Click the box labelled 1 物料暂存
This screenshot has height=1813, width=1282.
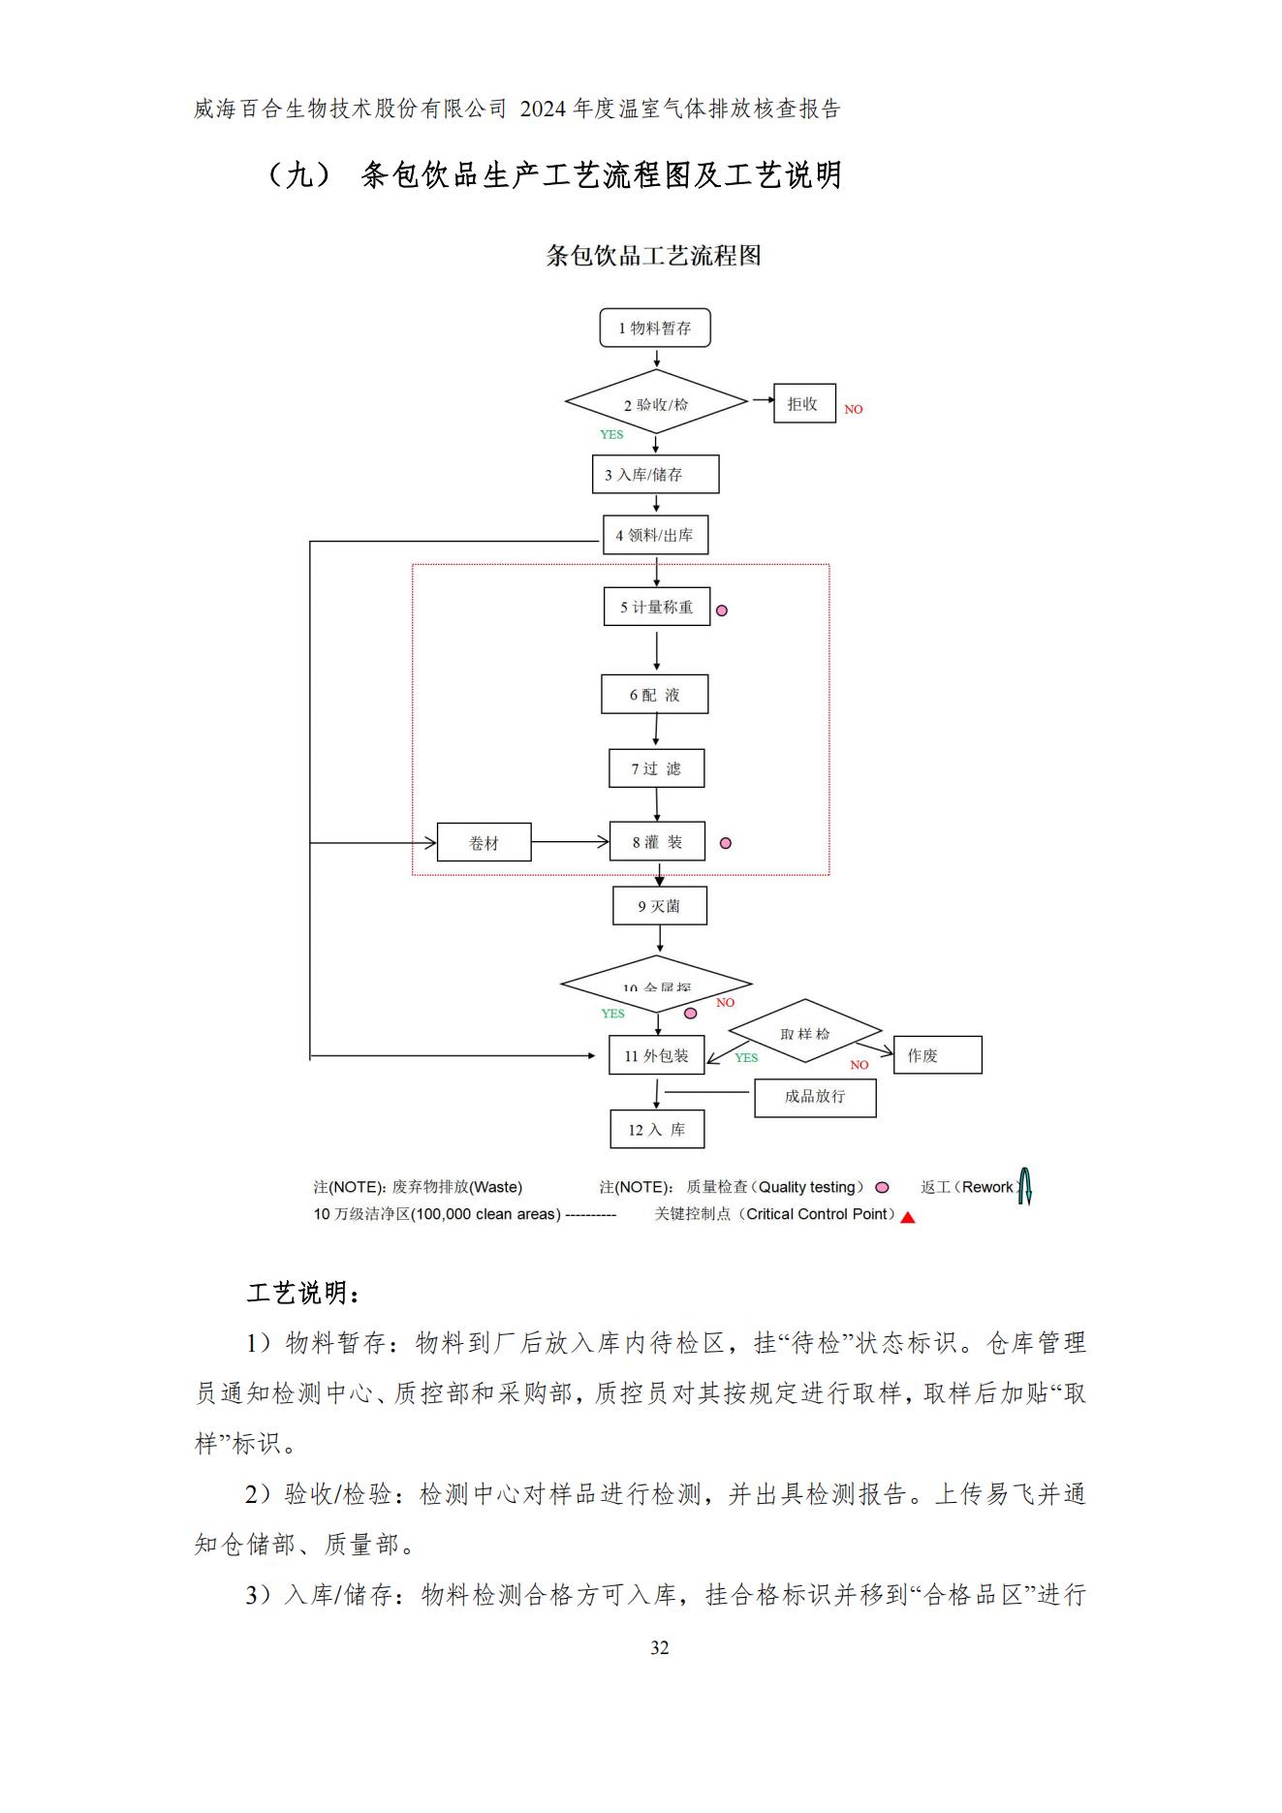[655, 328]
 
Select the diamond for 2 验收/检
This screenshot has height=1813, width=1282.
[656, 402]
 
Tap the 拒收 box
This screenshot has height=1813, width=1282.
[804, 403]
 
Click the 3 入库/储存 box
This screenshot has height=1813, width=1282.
[655, 475]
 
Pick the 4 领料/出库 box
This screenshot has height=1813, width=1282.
[655, 535]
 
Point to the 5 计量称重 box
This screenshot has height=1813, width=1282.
[656, 607]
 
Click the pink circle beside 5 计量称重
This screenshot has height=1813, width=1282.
[721, 610]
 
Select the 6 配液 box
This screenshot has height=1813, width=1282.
[654, 695]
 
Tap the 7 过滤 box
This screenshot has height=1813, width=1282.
[656, 768]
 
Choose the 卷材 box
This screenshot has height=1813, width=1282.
[484, 843]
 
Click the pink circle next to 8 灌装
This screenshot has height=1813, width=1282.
[725, 844]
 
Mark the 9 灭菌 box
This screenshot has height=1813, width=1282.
[659, 906]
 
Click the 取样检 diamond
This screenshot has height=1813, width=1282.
[804, 1033]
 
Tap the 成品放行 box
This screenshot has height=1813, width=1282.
[815, 1097]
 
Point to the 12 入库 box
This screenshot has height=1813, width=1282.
[657, 1130]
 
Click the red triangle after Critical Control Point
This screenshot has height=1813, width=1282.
[908, 1218]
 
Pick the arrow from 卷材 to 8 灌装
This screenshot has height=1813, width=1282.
[570, 842]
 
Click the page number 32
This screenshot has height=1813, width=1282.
[659, 1647]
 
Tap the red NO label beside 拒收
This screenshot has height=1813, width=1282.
[853, 410]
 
